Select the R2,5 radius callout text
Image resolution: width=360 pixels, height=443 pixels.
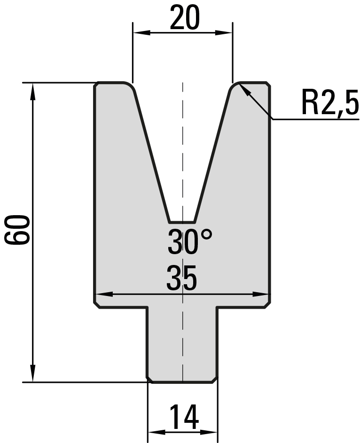click(330, 102)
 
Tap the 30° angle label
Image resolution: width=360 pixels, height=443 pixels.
click(189, 241)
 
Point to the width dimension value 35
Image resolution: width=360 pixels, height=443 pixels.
click(181, 278)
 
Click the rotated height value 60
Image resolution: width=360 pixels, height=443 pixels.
click(17, 229)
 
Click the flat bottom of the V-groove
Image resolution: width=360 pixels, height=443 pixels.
click(181, 222)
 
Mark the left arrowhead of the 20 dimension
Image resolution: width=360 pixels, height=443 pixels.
click(141, 33)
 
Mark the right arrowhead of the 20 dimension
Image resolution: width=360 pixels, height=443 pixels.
click(224, 33)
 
